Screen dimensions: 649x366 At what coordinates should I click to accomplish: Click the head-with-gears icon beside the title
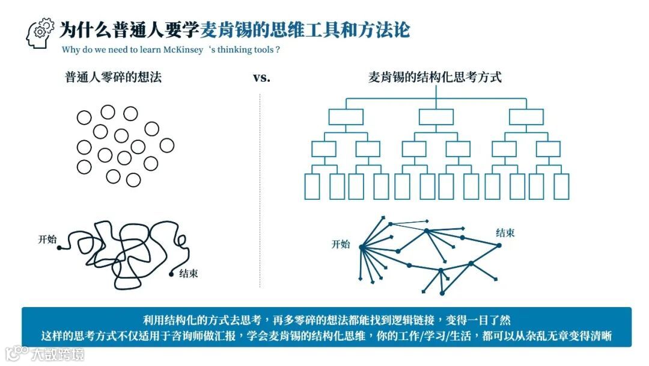tap(40, 33)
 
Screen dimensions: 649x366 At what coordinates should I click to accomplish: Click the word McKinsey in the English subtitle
tap(181, 50)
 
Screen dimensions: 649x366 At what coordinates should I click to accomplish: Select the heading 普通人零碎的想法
tap(114, 77)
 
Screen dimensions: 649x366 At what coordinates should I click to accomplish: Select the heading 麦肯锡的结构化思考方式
tap(434, 77)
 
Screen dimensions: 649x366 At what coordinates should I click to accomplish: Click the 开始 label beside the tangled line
tap(47, 240)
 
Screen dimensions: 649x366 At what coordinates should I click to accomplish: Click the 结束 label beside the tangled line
tap(189, 273)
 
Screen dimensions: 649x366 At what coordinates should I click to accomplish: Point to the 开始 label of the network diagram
tap(341, 244)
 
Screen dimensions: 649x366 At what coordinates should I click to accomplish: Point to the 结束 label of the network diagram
tap(505, 233)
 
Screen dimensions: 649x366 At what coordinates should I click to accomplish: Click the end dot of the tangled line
tap(172, 274)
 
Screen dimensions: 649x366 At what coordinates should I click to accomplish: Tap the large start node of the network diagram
tap(362, 247)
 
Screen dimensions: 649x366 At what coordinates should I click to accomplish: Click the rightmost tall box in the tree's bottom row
tap(561, 186)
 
